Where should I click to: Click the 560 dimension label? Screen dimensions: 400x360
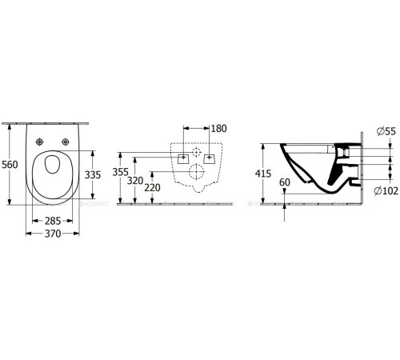(10, 165)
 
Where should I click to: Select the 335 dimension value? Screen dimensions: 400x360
(93, 175)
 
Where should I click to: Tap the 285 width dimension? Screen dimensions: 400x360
(53, 221)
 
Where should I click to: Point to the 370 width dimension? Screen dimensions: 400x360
(53, 234)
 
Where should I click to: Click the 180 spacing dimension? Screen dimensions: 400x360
(219, 128)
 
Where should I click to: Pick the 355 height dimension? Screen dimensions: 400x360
(121, 172)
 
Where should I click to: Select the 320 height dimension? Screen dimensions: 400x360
(135, 181)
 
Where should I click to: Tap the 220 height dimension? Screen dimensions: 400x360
(152, 188)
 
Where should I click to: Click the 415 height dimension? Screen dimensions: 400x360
(263, 174)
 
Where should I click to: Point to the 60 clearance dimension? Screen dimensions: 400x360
(285, 182)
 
